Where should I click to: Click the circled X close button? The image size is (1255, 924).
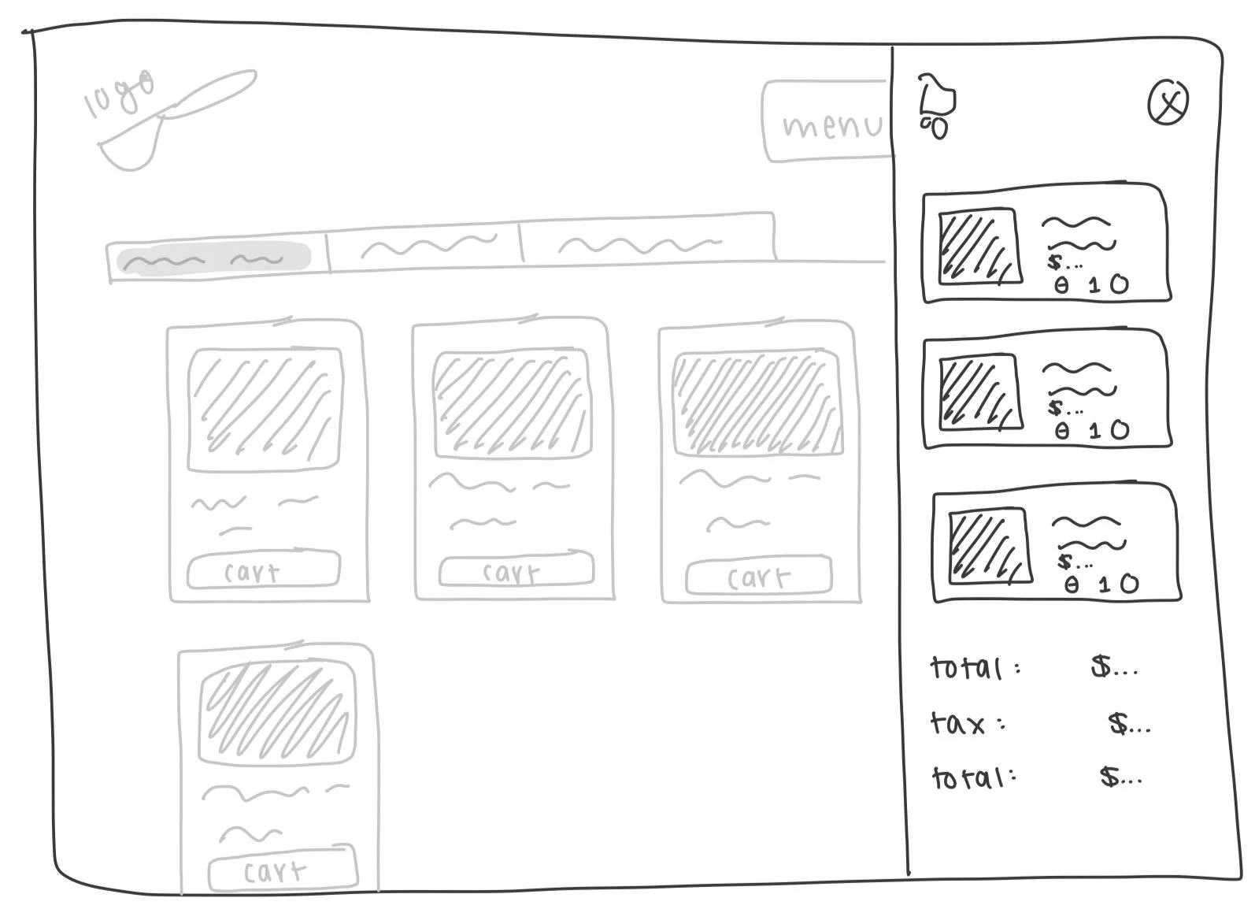click(x=1168, y=103)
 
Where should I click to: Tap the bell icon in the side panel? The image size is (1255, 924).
click(x=936, y=102)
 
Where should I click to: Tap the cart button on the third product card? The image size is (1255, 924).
click(x=758, y=577)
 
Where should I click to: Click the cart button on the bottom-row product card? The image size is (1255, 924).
click(x=282, y=870)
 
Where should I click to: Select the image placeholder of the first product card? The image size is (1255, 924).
click(x=266, y=410)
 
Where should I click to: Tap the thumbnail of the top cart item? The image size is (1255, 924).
click(x=979, y=247)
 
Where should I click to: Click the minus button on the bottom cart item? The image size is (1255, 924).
click(x=1072, y=584)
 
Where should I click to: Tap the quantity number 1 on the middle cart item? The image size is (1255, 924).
click(x=1095, y=431)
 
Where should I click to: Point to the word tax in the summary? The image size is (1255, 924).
click(x=957, y=723)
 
